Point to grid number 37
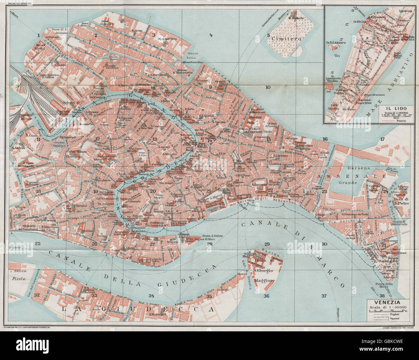tap(324, 296)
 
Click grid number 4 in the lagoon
tap(211, 35)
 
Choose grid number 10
tap(268, 87)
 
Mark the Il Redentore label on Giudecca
tap(157, 314)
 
